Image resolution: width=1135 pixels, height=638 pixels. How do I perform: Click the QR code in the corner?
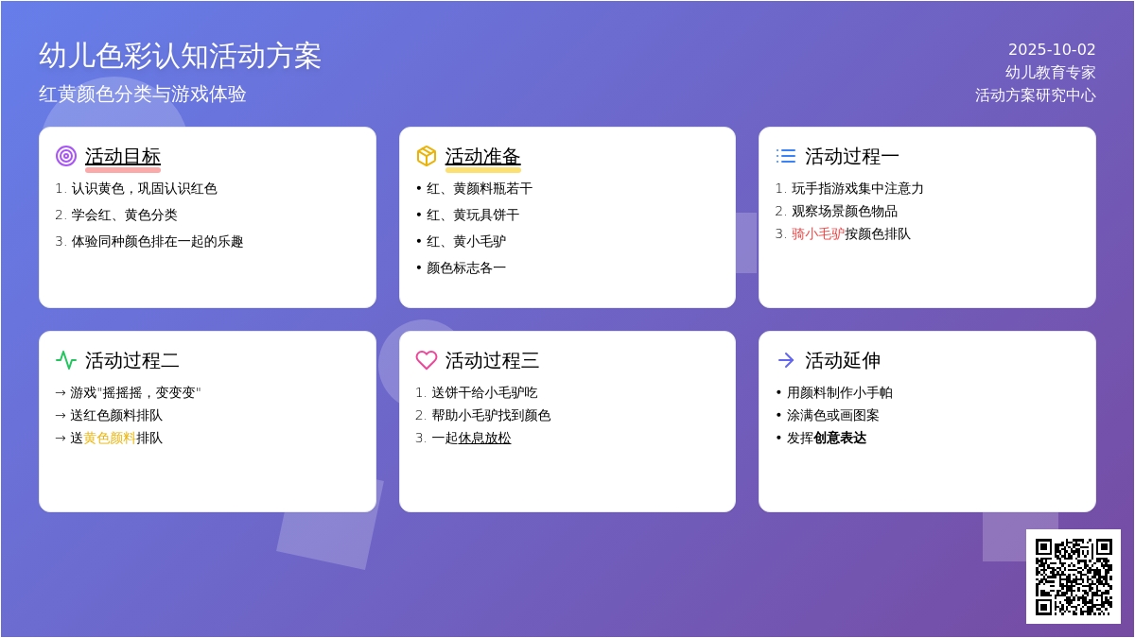click(1074, 577)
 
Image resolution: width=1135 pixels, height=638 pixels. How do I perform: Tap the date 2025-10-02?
click(1052, 49)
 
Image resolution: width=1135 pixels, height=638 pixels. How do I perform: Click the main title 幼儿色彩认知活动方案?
click(180, 56)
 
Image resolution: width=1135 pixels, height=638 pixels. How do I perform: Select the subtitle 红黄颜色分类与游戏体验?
click(143, 95)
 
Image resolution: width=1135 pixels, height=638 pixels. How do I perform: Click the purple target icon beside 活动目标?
click(66, 156)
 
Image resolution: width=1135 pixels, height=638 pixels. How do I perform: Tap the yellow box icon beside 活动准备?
click(427, 156)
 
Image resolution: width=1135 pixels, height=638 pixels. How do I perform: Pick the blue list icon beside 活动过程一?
click(786, 156)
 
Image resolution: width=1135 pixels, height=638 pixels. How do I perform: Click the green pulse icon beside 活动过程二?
click(66, 360)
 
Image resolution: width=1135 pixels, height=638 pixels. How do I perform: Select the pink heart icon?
click(427, 360)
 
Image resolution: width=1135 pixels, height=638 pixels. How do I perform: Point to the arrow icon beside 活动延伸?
click(786, 360)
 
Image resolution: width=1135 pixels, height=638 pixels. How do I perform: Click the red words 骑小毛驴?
click(818, 234)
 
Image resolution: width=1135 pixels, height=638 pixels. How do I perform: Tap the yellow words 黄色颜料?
click(110, 438)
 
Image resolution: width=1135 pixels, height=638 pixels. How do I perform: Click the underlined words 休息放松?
click(484, 438)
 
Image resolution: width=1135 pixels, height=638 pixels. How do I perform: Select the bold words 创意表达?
click(840, 438)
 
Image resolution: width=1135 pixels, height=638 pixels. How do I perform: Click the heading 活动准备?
click(483, 157)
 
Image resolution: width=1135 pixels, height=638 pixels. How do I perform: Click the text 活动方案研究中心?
click(1036, 95)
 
